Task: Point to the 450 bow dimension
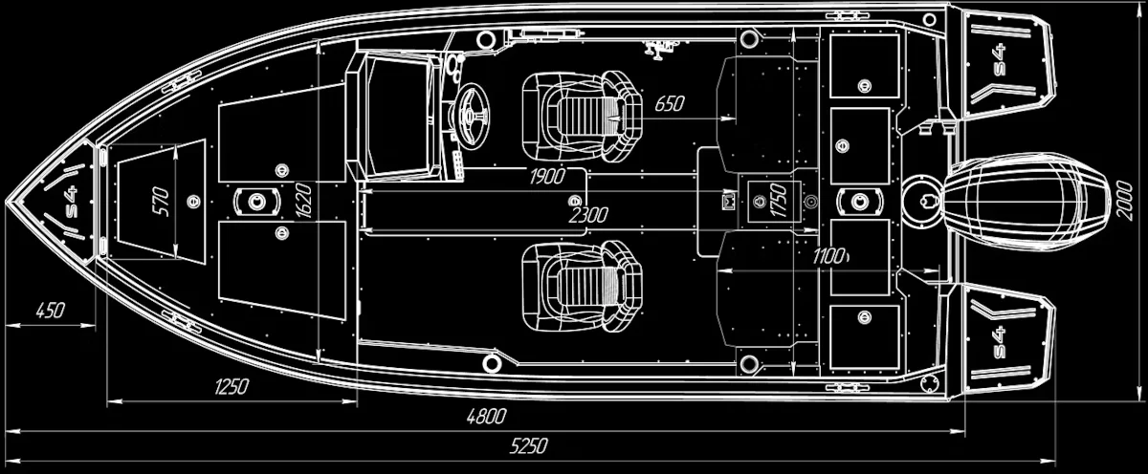(50, 310)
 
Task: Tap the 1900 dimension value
(546, 176)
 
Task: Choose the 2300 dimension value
(587, 216)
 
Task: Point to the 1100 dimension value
(828, 256)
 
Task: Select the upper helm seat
(581, 118)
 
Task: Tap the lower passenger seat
(581, 284)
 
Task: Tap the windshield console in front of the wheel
(394, 117)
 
